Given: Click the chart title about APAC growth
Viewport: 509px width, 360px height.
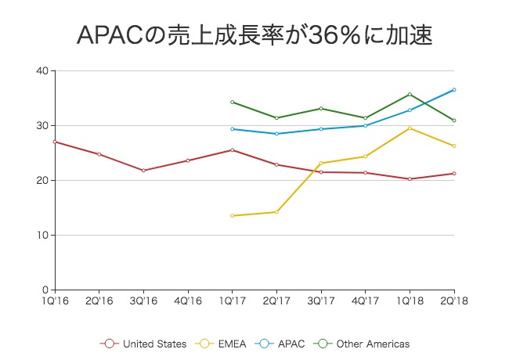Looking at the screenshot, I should point(254,35).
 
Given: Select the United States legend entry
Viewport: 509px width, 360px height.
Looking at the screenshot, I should point(144,343).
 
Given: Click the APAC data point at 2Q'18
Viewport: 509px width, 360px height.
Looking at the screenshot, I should point(454,90).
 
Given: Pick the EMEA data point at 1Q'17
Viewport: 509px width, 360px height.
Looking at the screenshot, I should point(232,216).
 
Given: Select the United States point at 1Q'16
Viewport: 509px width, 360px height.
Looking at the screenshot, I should point(54,142).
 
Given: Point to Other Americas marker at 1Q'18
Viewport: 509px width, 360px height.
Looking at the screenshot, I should point(410,95).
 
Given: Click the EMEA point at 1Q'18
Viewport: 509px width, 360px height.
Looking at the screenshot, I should point(410,128).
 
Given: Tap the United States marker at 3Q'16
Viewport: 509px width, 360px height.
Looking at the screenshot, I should point(143,171).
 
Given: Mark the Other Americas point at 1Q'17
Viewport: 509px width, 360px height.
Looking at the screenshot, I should point(232,103).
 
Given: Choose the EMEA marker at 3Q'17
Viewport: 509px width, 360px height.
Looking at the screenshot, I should point(321,163).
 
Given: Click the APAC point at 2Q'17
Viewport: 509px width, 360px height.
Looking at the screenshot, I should point(276,134).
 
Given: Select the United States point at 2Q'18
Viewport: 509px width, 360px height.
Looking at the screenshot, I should point(454,174).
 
